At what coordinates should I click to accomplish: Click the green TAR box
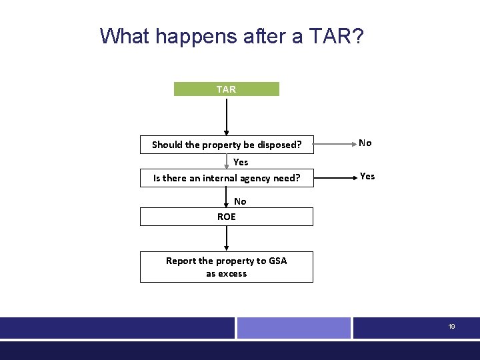pyautogui.click(x=227, y=89)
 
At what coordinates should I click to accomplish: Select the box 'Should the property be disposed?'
pyautogui.click(x=227, y=145)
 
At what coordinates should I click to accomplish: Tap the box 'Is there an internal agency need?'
pyautogui.click(x=227, y=178)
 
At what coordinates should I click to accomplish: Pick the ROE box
pyautogui.click(x=227, y=217)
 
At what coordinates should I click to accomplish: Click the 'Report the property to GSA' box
pyautogui.click(x=227, y=267)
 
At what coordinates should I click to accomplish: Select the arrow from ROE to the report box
pyautogui.click(x=227, y=238)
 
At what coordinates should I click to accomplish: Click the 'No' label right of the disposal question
pyautogui.click(x=365, y=143)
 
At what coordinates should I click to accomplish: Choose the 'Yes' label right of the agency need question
pyautogui.click(x=367, y=176)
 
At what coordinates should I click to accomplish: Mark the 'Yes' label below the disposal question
pyautogui.click(x=241, y=162)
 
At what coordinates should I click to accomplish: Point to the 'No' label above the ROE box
pyautogui.click(x=240, y=201)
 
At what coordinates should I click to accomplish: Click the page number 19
pyautogui.click(x=451, y=327)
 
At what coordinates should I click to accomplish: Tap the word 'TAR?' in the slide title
pyautogui.click(x=337, y=36)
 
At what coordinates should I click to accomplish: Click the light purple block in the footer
pyautogui.click(x=294, y=328)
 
